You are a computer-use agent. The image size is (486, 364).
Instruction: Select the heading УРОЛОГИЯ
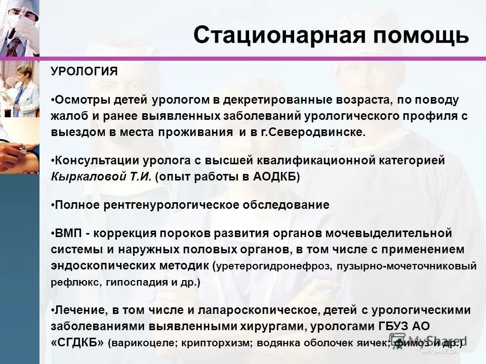pyautogui.click(x=84, y=72)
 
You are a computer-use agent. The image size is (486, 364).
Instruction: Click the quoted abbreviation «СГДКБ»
pyautogui.click(x=77, y=342)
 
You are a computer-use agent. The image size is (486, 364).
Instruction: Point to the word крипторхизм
pyautogui.click(x=214, y=343)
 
